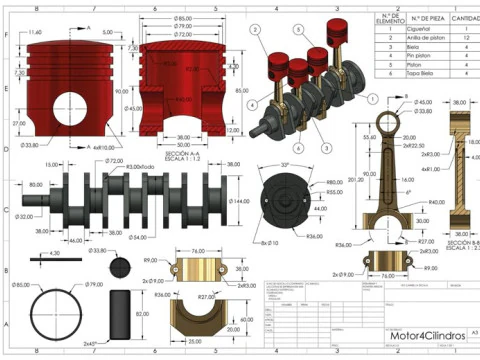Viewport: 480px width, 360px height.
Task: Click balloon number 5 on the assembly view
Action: tap(298, 31)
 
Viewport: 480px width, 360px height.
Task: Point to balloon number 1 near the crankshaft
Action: tap(372, 100)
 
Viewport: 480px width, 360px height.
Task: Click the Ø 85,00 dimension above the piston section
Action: tap(183, 19)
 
